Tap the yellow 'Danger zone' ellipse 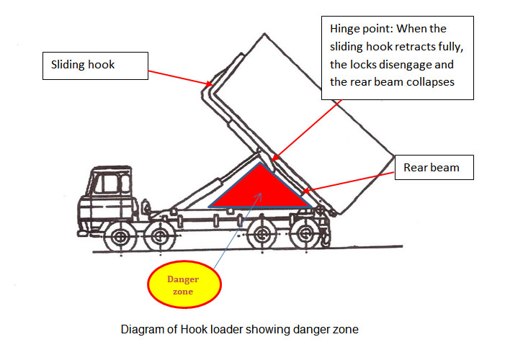(183, 286)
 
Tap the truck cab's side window (107, 184)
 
